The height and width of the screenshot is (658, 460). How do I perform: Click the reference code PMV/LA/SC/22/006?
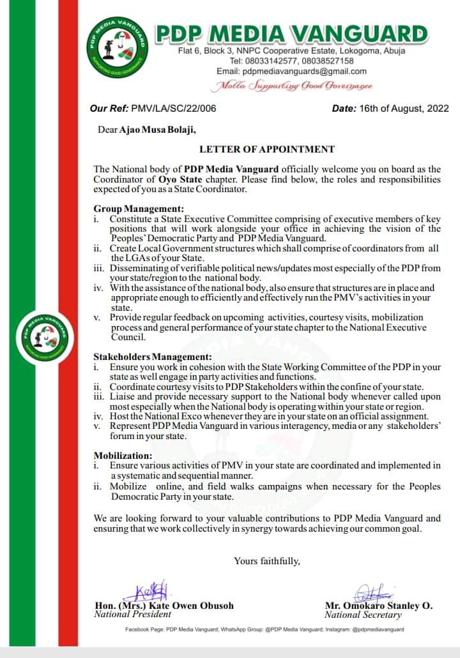point(172,108)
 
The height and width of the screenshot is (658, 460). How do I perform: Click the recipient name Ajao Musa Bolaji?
point(158,130)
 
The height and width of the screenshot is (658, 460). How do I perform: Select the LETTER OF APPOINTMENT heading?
point(267,149)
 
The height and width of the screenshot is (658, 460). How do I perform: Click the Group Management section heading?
point(139,209)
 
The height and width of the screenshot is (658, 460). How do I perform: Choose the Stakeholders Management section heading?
point(153,357)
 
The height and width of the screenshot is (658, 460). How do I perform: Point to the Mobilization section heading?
point(123,455)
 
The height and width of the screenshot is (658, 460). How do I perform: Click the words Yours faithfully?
point(266,561)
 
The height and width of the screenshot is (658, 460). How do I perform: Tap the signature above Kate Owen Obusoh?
point(153,589)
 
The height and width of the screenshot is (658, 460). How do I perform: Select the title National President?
point(132,615)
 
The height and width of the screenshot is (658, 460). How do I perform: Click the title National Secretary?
point(363,615)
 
